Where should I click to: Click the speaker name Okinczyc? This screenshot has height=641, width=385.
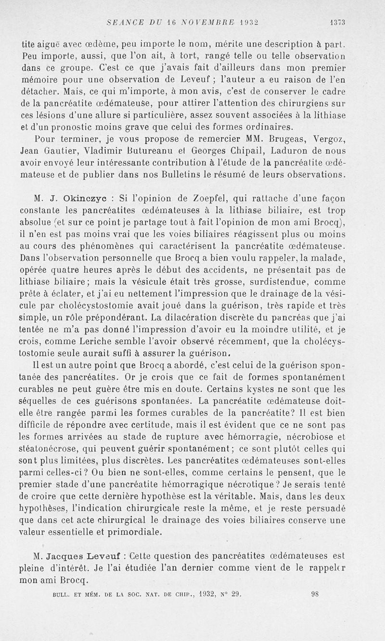click(x=81, y=198)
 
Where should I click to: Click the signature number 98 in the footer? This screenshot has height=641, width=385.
click(x=315, y=594)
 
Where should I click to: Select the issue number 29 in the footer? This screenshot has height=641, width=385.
click(x=235, y=594)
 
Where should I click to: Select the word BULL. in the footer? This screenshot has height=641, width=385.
click(x=60, y=595)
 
